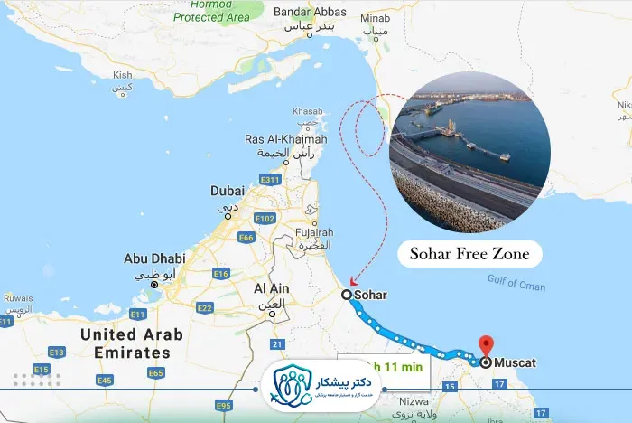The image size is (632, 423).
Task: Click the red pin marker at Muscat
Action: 486,345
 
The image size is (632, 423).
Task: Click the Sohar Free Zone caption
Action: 469,254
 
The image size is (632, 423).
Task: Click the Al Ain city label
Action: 271,288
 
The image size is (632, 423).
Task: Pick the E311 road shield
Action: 270,181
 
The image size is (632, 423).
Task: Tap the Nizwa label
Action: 409,403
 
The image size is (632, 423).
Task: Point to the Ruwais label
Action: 18,296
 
